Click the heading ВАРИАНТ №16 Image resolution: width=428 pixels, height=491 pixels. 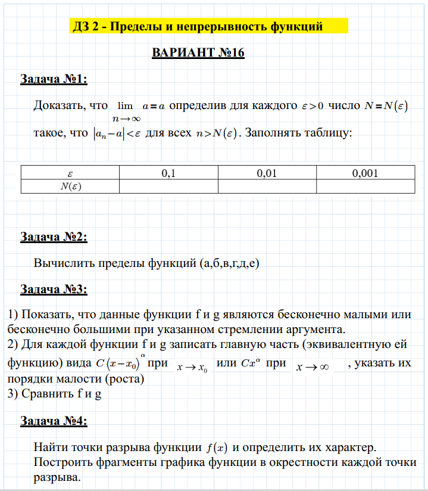point(199,52)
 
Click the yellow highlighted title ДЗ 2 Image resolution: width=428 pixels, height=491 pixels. point(197,26)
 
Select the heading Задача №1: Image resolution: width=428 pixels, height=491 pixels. point(54,79)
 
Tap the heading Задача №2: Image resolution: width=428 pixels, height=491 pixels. point(54,237)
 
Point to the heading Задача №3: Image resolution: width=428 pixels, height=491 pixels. point(54,290)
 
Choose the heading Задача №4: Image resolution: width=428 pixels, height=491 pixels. point(54,421)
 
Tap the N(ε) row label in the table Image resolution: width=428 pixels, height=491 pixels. point(70,186)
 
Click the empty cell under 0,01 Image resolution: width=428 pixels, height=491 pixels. point(267,186)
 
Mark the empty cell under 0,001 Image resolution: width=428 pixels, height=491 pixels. point(365,186)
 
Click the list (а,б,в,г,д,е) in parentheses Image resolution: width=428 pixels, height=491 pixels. point(230,263)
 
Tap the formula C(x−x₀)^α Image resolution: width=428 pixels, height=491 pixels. point(118,363)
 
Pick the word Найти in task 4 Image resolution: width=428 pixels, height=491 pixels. point(51,447)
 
